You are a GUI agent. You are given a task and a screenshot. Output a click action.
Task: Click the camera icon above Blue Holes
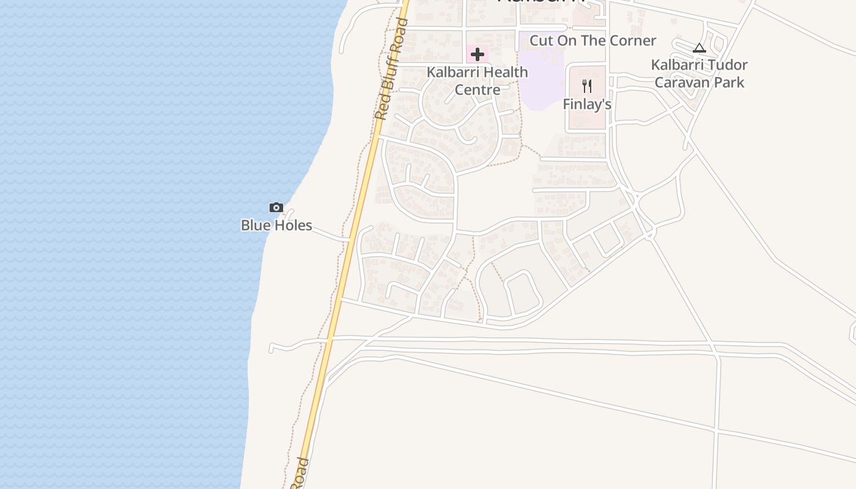276,208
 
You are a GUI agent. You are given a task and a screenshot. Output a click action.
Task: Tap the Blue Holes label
276,226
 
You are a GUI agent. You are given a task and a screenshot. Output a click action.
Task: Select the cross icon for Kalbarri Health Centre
478,54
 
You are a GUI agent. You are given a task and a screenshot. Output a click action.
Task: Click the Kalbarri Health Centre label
477,81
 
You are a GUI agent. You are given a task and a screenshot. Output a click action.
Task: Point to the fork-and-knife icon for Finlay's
587,86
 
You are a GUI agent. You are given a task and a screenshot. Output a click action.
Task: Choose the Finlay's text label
587,105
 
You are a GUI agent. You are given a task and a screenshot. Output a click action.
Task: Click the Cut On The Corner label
592,41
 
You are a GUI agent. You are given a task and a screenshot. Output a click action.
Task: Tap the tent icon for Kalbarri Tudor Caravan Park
699,48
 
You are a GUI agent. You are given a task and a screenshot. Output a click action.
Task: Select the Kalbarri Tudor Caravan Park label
699,73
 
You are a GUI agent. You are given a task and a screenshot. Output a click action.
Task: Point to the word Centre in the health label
477,90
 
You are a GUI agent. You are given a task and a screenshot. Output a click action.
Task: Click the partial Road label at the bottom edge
300,473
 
